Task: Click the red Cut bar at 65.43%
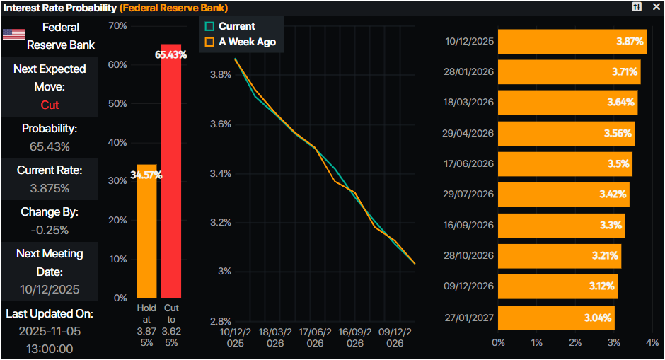click(x=171, y=177)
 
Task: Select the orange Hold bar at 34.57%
click(x=146, y=233)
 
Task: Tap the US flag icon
click(x=14, y=35)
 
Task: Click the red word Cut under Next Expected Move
click(x=50, y=105)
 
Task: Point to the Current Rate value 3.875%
click(x=50, y=188)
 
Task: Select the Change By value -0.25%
click(x=50, y=230)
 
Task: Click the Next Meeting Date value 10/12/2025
click(x=50, y=289)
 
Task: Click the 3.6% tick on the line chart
click(x=221, y=124)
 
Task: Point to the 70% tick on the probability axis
click(x=117, y=26)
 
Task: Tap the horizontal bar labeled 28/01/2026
click(x=569, y=71)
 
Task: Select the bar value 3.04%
click(x=598, y=318)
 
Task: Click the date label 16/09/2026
click(x=466, y=225)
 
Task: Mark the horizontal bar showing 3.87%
click(x=572, y=41)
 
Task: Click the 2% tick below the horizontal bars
click(x=575, y=342)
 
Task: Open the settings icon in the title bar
click(x=637, y=7)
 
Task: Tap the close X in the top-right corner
click(x=655, y=7)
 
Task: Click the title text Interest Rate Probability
click(x=59, y=8)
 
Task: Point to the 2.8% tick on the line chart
click(x=221, y=321)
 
